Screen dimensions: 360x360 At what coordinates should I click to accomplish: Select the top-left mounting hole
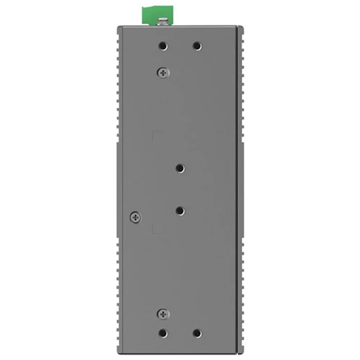click(163, 46)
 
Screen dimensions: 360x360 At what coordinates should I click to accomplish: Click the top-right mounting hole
click(197, 46)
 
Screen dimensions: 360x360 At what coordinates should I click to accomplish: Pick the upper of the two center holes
click(180, 168)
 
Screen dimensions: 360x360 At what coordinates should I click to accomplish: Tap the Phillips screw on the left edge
click(135, 217)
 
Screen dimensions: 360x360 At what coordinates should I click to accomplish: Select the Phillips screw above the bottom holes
click(163, 313)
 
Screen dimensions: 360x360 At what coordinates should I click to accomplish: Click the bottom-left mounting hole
click(163, 333)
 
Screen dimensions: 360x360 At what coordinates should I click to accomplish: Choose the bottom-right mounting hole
click(197, 333)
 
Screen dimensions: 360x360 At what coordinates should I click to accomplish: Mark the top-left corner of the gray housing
click(118, 27)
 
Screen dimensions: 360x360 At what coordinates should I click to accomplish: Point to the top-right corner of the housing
click(243, 27)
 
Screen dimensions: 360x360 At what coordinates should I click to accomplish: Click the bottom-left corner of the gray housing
click(118, 353)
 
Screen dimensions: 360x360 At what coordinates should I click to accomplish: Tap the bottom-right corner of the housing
click(243, 353)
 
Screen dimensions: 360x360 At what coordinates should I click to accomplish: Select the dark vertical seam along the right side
click(237, 189)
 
